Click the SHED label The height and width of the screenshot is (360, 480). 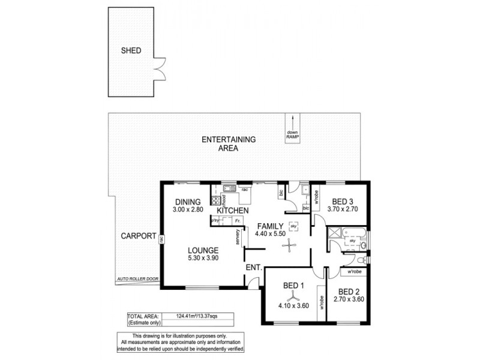click(131, 51)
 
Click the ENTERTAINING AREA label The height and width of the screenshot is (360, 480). click(229, 143)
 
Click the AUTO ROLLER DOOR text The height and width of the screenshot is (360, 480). click(137, 280)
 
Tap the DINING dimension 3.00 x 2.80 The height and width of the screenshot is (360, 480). click(187, 210)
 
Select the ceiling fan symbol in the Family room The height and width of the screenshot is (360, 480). click(290, 244)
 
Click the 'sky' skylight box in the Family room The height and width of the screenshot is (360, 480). click(293, 226)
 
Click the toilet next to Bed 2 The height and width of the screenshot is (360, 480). click(359, 260)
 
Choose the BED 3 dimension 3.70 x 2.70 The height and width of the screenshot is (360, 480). click(343, 209)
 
